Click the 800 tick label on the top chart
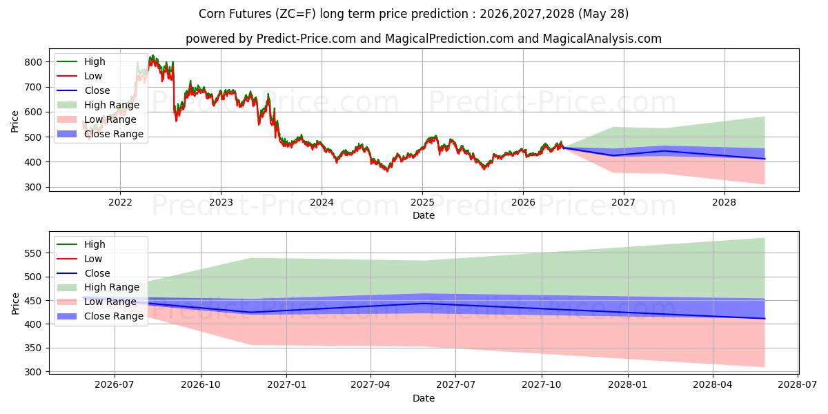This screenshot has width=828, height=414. click(x=33, y=62)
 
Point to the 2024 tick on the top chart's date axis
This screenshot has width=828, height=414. click(x=322, y=203)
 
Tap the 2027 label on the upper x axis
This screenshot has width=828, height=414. click(x=624, y=203)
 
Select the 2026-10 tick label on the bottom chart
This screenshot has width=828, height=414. click(x=201, y=385)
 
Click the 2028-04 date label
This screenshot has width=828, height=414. click(x=713, y=385)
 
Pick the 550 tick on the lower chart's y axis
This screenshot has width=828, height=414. click(x=33, y=254)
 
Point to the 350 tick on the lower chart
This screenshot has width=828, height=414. click(x=33, y=348)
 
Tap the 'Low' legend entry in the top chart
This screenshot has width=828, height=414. click(x=92, y=76)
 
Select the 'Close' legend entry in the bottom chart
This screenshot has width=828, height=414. click(x=97, y=273)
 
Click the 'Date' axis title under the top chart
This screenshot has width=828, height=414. click(x=424, y=215)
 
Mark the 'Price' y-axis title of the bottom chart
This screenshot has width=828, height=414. click(x=15, y=304)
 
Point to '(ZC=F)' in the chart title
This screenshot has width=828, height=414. click(x=295, y=14)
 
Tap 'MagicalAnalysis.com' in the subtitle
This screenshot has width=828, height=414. click(x=602, y=39)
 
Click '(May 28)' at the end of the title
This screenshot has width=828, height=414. click(x=603, y=14)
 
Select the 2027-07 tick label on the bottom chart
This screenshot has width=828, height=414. click(x=455, y=385)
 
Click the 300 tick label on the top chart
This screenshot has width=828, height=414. click(x=33, y=188)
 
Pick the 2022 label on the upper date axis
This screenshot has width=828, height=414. click(x=120, y=203)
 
